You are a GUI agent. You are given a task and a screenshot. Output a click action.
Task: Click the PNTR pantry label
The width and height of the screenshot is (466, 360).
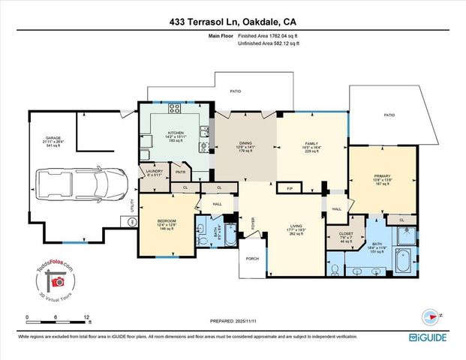click(x=180, y=172)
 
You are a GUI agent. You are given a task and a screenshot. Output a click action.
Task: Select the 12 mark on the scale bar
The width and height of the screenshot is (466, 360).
click(x=89, y=317)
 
